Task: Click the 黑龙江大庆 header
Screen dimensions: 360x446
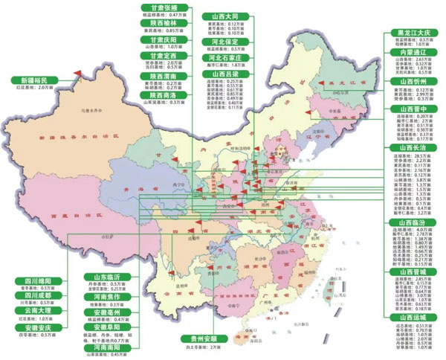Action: [413, 33]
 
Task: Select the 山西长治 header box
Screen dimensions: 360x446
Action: [413, 148]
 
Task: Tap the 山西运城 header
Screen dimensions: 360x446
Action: [413, 317]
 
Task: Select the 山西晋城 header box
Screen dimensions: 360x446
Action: [413, 271]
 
